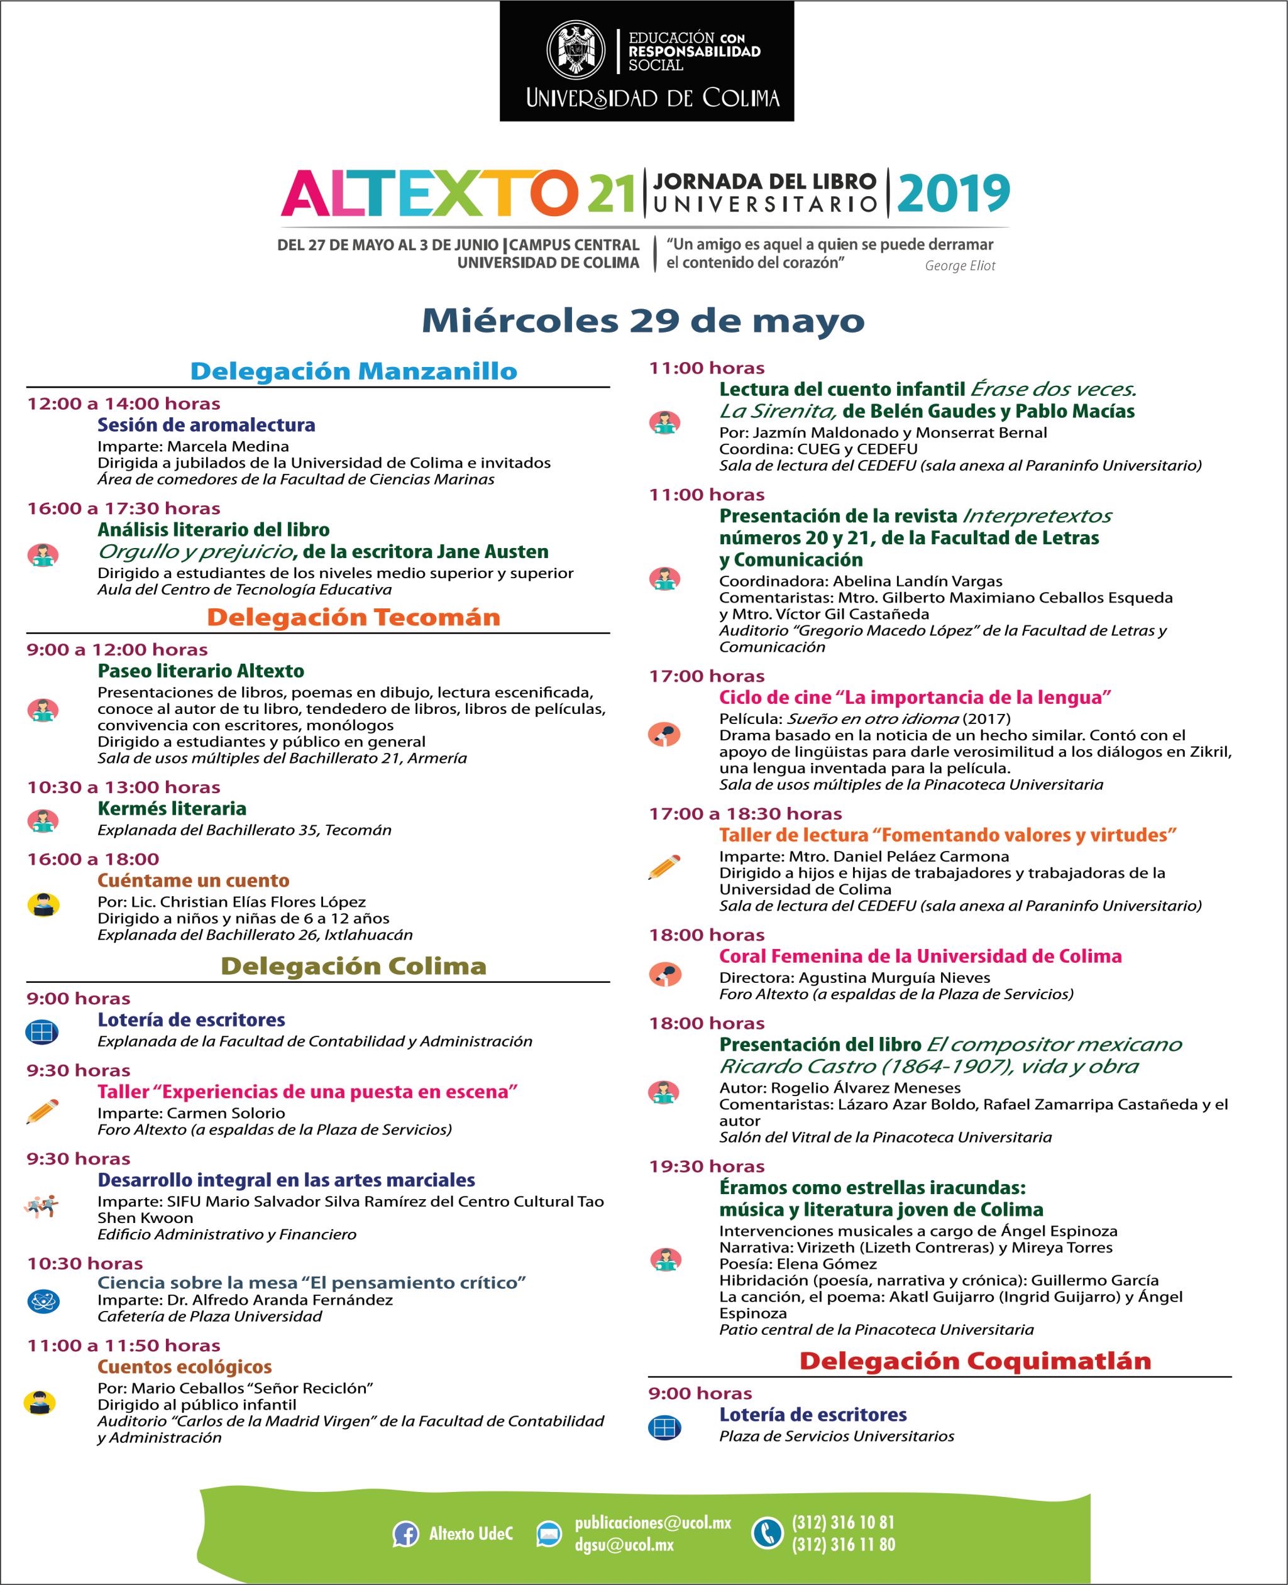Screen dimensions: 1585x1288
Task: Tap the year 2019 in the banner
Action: (954, 192)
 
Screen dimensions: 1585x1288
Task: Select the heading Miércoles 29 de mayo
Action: (642, 321)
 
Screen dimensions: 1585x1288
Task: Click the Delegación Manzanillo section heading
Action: (353, 371)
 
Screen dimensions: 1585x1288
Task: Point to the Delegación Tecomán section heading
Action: (353, 617)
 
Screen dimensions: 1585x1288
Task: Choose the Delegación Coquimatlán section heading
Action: (975, 1361)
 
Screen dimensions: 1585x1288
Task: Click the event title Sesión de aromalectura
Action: (206, 425)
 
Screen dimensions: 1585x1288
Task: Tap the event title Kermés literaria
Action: (172, 808)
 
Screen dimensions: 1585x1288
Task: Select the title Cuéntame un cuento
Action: (193, 880)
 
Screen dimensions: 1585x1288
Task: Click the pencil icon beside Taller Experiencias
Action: (42, 1111)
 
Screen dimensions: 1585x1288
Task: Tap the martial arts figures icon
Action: (41, 1207)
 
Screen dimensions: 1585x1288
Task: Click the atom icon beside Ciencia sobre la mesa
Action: (42, 1301)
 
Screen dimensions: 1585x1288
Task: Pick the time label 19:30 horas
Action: (707, 1166)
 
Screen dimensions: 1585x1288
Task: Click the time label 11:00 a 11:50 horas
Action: (123, 1346)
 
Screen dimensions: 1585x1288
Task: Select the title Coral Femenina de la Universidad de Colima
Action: (920, 956)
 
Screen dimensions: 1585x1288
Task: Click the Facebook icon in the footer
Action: (405, 1534)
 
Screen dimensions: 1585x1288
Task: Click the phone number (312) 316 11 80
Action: (843, 1545)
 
